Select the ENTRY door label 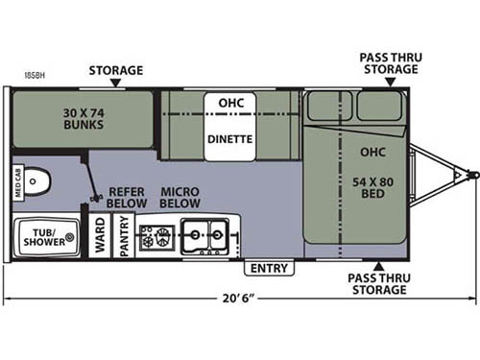pos(271,268)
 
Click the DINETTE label pos(229,138)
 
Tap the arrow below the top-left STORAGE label pos(116,84)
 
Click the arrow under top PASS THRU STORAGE pos(380,84)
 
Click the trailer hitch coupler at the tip pos(471,175)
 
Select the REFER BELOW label pos(127,197)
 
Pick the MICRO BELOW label pos(180,197)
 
